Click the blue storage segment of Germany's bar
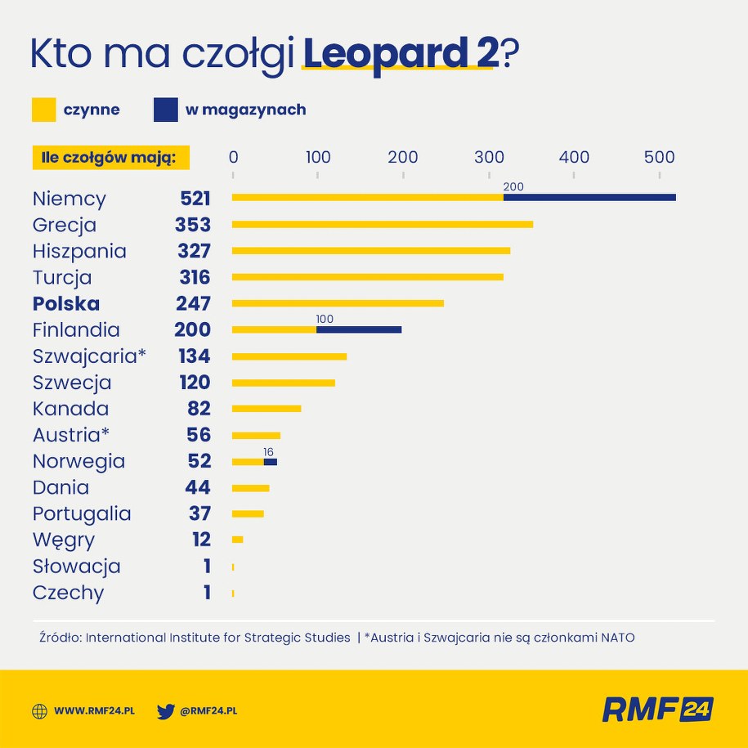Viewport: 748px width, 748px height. (589, 197)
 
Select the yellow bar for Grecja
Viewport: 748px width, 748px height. (383, 224)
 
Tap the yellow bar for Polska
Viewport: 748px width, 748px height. (338, 303)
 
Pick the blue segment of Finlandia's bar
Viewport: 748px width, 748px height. (359, 329)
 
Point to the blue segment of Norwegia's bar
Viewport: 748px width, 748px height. (271, 462)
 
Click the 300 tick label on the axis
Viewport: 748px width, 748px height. (488, 157)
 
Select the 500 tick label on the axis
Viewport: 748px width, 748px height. (659, 157)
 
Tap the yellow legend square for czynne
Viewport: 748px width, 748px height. (44, 110)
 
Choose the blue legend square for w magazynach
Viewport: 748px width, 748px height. (165, 110)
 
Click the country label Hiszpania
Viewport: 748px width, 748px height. (79, 251)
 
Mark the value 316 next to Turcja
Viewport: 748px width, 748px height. (195, 277)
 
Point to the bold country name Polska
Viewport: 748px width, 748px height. (66, 303)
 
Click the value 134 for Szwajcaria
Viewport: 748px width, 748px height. (195, 356)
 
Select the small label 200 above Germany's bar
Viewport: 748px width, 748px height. (513, 186)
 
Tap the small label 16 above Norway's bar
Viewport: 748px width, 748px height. (268, 451)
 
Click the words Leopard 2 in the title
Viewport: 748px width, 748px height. (400, 54)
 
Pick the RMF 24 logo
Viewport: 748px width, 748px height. (657, 709)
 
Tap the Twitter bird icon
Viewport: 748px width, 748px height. (166, 711)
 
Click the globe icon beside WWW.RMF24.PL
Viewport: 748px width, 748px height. (39, 711)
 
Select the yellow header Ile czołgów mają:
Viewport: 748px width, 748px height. (110, 157)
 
